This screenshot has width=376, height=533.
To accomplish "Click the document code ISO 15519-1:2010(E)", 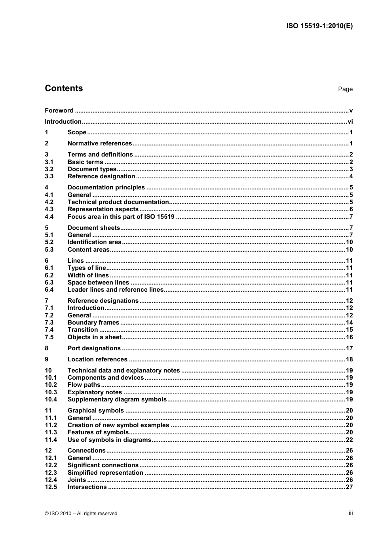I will point(319,26).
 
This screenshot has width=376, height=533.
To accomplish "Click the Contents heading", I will point(64,88).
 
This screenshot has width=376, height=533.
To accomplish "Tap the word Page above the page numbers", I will point(345,89).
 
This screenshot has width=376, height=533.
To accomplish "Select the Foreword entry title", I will point(59,111).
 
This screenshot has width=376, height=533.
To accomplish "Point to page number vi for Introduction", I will point(350,122).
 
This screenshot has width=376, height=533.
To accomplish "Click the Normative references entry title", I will point(100,143).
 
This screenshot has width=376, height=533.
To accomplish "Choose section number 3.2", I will point(49,169).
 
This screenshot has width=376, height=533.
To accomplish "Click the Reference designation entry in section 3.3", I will point(101,176).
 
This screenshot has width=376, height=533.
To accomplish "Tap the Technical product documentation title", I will point(118,202).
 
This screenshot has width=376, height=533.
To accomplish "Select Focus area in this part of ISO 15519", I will point(121,217).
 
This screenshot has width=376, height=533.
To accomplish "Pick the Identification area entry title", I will point(95,242).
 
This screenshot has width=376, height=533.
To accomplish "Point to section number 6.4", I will point(49,290).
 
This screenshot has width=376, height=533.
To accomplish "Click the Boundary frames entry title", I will point(93,323).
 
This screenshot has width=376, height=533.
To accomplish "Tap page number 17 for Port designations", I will point(349,348).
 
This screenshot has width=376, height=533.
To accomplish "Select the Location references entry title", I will point(97,359).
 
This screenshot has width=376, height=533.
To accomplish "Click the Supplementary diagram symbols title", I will point(117,399).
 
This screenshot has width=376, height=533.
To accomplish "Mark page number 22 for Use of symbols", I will point(349,440).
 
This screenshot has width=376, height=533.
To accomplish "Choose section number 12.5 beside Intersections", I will point(51,487).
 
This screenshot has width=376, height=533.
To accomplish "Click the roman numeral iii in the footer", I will point(351,513).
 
